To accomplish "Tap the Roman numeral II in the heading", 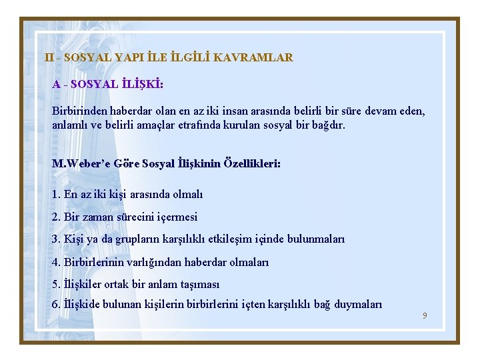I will click(x=49, y=57).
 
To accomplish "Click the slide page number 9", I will click(x=425, y=315).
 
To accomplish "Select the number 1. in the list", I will click(x=56, y=195).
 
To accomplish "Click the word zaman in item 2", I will click(x=101, y=217).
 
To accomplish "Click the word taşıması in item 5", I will click(x=199, y=284).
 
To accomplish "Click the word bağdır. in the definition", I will click(x=327, y=125).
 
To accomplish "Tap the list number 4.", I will click(x=56, y=262).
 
